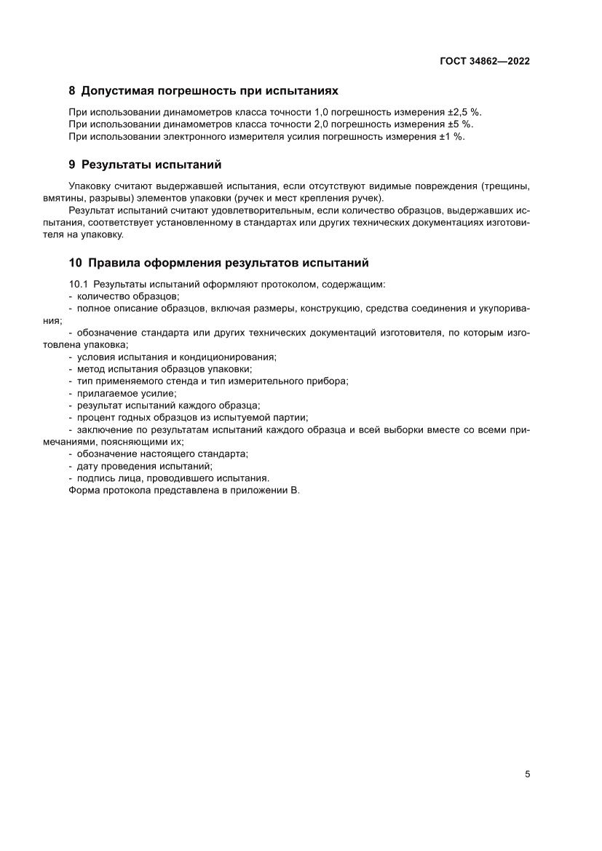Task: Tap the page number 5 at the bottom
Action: point(527,774)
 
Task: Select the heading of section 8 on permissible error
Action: point(204,92)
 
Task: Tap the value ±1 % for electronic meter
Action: point(451,136)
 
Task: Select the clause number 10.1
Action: point(79,283)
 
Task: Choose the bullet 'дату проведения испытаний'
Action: point(143,466)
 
